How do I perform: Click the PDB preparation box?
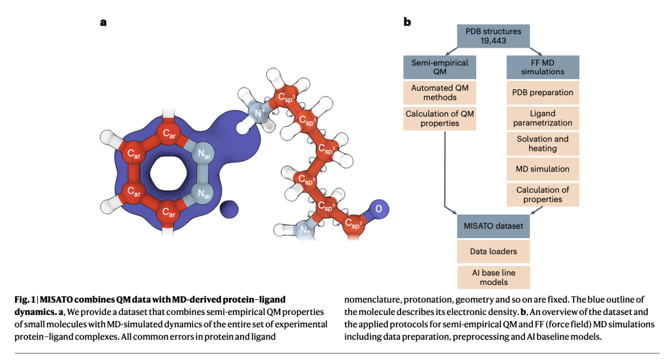543,92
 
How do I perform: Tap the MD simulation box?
543,169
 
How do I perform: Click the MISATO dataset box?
493,225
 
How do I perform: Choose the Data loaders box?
493,250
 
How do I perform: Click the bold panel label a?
103,22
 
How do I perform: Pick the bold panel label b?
407,22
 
